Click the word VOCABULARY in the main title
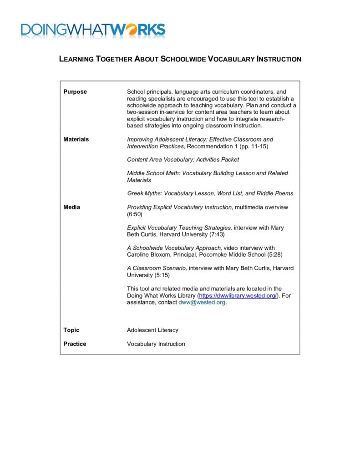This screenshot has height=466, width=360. point(231,59)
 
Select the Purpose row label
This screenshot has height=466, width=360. point(75,92)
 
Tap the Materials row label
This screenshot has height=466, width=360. point(76,139)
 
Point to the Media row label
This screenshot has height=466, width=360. point(72,208)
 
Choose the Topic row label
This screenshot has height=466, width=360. point(71,330)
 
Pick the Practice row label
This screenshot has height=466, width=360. point(75,344)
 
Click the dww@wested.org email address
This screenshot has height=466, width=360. point(202,302)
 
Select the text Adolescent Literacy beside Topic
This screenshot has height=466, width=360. point(152,330)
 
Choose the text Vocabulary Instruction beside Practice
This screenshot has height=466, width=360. point(156,344)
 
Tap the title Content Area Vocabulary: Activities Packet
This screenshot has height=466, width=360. point(183,160)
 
